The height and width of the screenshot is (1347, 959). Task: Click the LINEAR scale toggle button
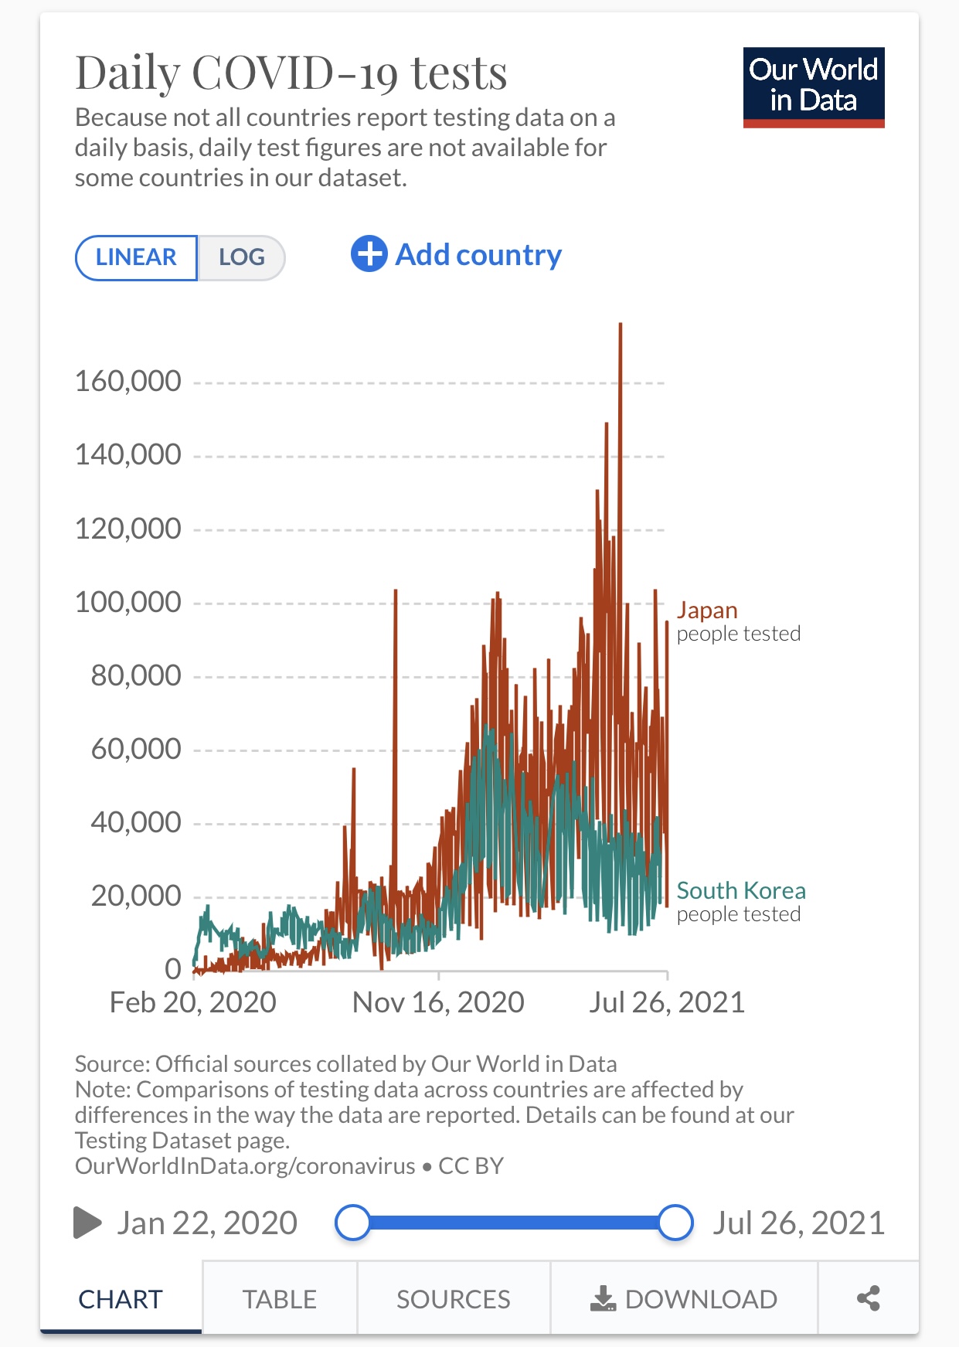[136, 257]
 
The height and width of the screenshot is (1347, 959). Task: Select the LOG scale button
[241, 257]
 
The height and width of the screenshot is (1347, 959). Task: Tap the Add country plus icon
[369, 253]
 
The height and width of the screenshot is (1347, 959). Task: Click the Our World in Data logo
[813, 87]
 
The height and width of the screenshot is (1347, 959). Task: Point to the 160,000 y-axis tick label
[128, 381]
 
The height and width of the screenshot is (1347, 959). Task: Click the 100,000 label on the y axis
[128, 602]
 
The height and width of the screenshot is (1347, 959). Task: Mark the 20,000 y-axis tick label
[135, 896]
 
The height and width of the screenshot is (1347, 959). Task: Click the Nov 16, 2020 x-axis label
[438, 1002]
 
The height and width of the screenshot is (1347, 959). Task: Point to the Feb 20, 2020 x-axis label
[192, 1002]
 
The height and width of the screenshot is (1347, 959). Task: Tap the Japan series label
[707, 611]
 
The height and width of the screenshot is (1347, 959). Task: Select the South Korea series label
[740, 891]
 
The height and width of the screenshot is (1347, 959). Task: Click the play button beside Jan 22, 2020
[87, 1223]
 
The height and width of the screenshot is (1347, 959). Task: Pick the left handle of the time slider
[353, 1223]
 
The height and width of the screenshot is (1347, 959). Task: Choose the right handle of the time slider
[675, 1223]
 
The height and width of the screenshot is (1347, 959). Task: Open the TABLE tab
[279, 1299]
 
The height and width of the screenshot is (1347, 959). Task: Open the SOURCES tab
[453, 1299]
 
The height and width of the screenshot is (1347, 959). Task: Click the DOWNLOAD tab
[684, 1299]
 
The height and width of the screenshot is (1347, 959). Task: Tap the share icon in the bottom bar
[869, 1298]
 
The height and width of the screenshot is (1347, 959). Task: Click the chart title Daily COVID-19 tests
[291, 73]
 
